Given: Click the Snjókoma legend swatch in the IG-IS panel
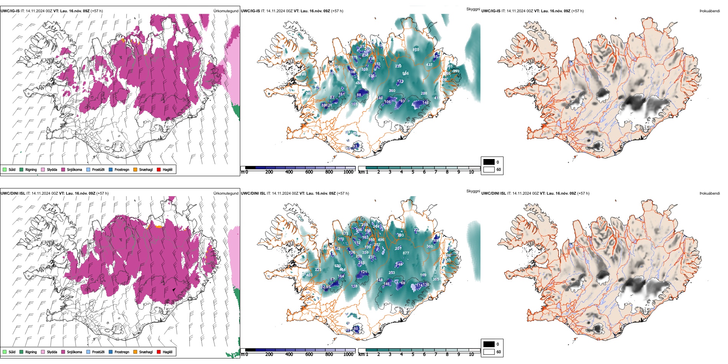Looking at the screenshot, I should click(x=63, y=169).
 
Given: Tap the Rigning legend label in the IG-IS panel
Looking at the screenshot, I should click(x=31, y=169).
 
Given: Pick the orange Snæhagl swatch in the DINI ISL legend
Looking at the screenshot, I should click(x=136, y=352).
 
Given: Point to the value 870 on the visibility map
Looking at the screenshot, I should click(x=416, y=50).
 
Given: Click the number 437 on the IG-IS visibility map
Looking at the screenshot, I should click(x=429, y=64).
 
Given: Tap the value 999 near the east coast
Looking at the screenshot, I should click(x=456, y=71).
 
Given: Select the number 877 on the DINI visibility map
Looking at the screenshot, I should click(x=406, y=253).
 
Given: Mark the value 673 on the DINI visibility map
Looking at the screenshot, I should click(x=345, y=233).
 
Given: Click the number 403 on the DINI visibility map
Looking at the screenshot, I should click(x=309, y=275).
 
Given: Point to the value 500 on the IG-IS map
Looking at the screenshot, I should click(x=309, y=93).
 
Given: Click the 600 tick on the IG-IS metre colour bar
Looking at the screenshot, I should click(x=309, y=172).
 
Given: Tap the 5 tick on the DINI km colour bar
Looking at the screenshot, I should click(x=413, y=354).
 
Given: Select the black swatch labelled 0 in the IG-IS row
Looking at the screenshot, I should click(x=489, y=162).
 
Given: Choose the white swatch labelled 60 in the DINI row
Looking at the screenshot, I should click(x=489, y=352).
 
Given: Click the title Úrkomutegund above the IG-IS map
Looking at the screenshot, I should click(x=226, y=11).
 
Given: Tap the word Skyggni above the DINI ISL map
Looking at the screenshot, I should click(x=473, y=191).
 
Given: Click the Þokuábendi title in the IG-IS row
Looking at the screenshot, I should click(x=710, y=11).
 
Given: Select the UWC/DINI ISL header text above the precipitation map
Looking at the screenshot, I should click(x=13, y=193).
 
